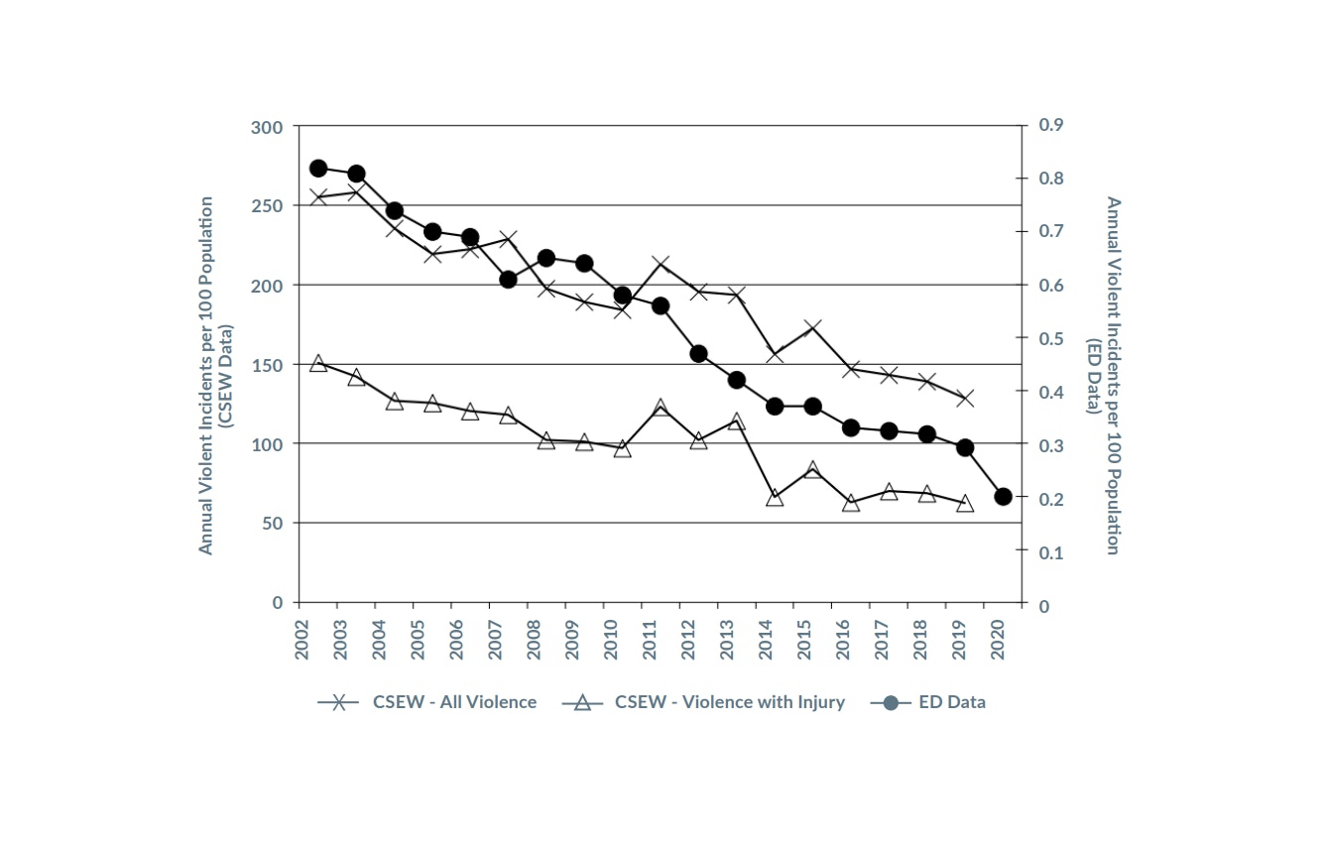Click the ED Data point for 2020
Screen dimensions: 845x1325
click(1003, 497)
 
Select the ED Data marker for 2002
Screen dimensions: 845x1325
click(318, 169)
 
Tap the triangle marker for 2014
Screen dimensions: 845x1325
click(775, 498)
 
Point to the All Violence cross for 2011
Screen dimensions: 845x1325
click(661, 264)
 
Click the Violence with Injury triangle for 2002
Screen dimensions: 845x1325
click(318, 363)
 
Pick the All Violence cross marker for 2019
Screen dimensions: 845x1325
click(965, 399)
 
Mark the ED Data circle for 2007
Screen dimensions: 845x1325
click(508, 280)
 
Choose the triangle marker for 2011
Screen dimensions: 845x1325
click(661, 408)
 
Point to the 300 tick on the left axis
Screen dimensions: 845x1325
click(267, 127)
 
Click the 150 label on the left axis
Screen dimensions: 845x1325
click(267, 365)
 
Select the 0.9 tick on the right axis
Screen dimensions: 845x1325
click(1050, 125)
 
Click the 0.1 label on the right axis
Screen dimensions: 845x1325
click(1050, 552)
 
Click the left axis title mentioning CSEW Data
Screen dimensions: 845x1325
click(215, 375)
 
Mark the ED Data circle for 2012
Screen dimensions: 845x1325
click(698, 354)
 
